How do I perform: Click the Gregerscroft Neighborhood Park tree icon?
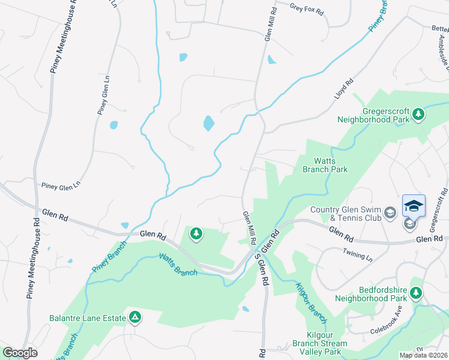pos(418,115)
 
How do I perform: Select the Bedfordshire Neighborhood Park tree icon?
pos(416,293)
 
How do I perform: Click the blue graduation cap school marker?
pos(414,206)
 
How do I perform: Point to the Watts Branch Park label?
pos(323,165)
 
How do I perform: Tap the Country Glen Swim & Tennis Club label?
pos(345,214)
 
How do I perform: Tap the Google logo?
pos(20,353)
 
